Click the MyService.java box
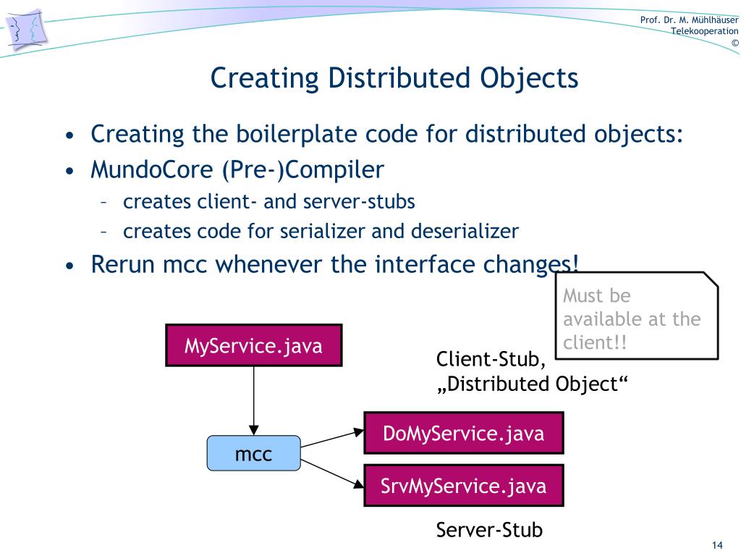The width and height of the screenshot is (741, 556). point(253,345)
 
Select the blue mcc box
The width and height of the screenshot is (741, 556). point(253,453)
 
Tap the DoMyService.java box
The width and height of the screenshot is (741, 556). point(463,433)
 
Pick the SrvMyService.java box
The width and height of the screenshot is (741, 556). point(463,485)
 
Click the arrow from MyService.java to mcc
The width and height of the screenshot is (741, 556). point(253,398)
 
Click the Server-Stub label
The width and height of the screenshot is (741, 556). point(489,530)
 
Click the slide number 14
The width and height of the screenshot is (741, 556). point(718,544)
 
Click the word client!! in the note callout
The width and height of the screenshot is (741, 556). point(595,342)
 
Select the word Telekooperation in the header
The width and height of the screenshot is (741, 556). point(704,30)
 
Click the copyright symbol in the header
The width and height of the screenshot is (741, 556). point(734,43)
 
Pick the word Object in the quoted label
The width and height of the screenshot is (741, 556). point(588,383)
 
